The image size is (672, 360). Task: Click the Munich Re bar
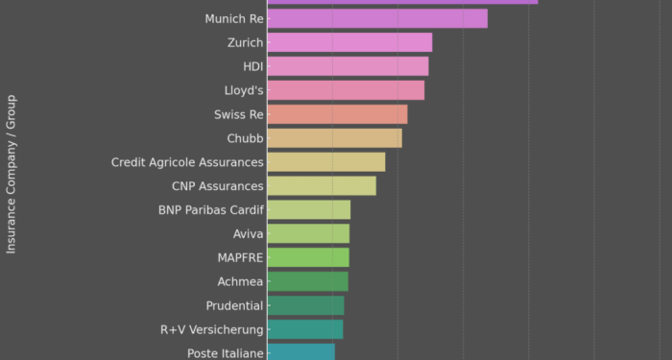[x=376, y=19]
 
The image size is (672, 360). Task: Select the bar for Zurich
[x=349, y=42]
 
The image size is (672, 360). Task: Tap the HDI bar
[x=348, y=66]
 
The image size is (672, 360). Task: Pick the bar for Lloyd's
[x=346, y=90]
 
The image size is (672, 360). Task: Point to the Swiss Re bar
[x=337, y=114]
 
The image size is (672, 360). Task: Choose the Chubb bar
[x=334, y=138]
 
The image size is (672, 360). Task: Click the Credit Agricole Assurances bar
[x=325, y=162]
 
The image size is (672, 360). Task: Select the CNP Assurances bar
[x=322, y=186]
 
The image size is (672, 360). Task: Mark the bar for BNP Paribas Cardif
[x=308, y=209]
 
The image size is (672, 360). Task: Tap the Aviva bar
[x=308, y=233]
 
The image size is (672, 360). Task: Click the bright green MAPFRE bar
[x=308, y=257]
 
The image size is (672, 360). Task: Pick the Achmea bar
[x=307, y=281]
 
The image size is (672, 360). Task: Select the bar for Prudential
[x=305, y=305]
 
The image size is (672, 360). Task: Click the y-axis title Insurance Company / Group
[x=12, y=174]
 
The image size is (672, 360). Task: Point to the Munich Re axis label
[x=233, y=19]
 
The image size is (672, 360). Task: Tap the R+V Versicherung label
[x=211, y=329]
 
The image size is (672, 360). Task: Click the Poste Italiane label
[x=225, y=353]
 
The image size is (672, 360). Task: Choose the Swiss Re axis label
[x=238, y=114]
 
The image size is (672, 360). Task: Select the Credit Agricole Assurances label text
[x=187, y=162]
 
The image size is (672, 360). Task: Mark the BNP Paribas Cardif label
[x=210, y=209]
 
